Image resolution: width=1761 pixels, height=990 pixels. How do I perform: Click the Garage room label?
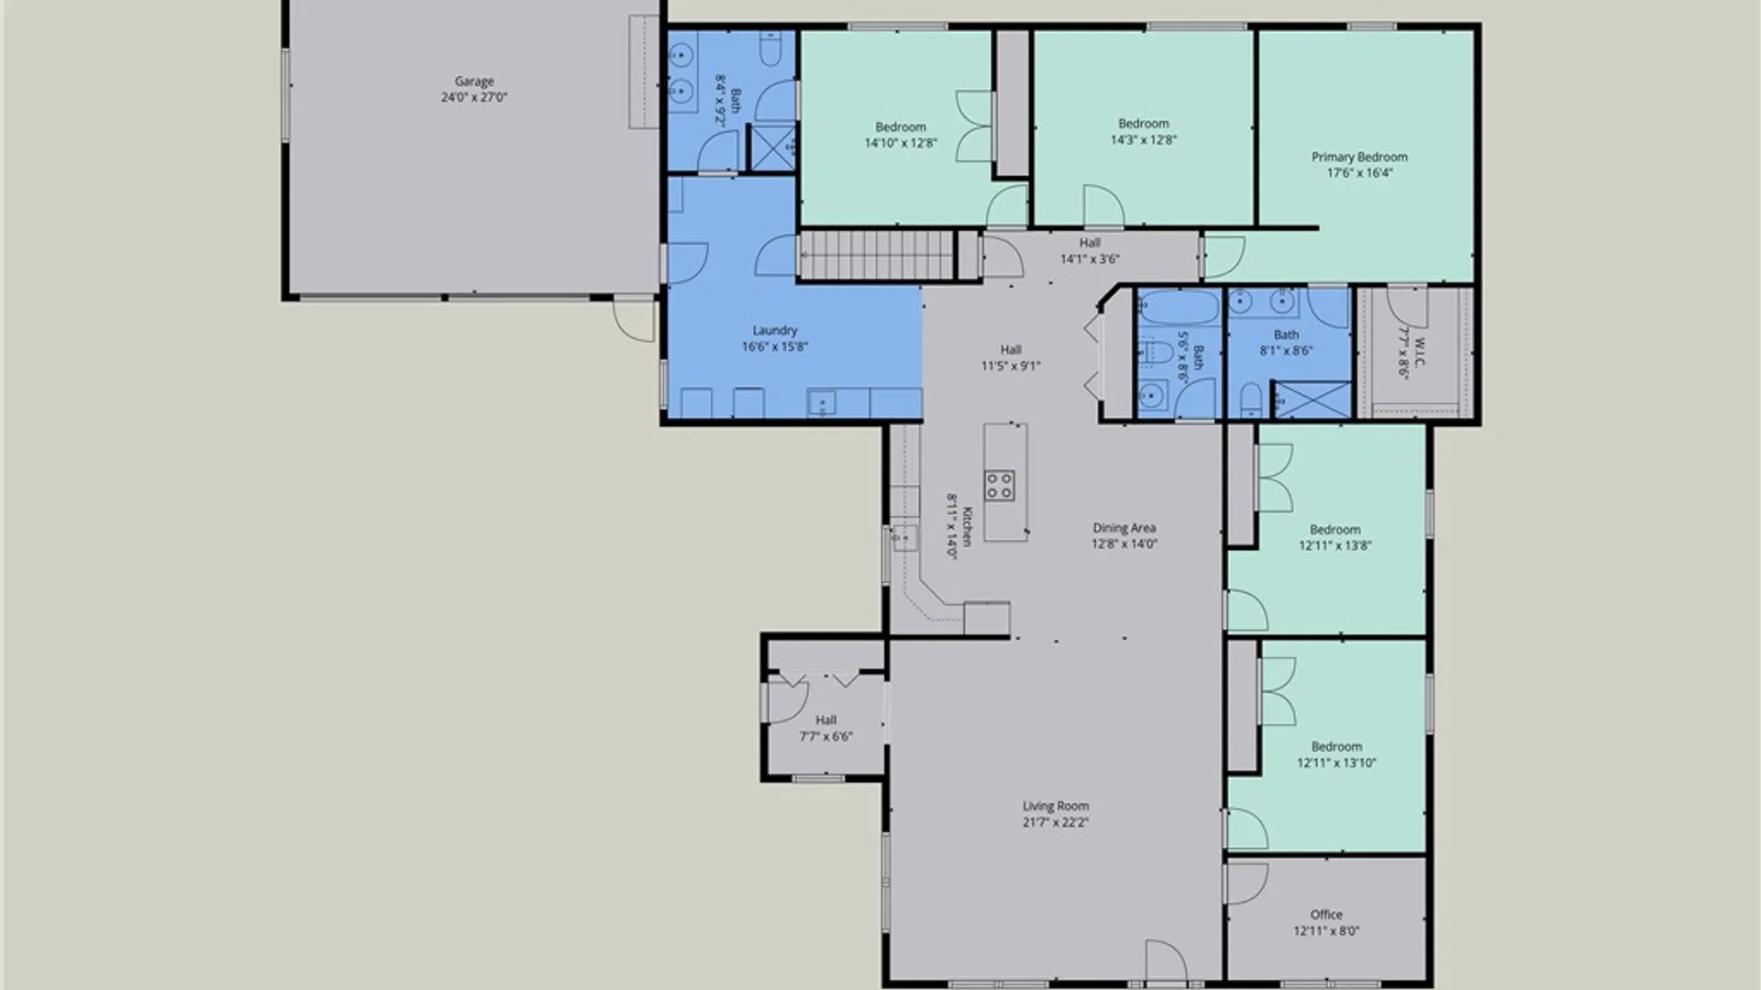(x=474, y=82)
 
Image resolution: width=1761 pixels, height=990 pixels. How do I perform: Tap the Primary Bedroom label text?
(x=1359, y=157)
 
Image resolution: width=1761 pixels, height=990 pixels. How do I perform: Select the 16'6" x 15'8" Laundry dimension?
(x=775, y=346)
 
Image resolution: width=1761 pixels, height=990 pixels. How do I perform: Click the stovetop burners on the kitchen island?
(x=1000, y=485)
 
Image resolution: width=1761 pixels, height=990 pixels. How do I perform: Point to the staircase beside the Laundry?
(x=878, y=255)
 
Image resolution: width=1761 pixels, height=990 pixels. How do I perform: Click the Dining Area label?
(x=1124, y=528)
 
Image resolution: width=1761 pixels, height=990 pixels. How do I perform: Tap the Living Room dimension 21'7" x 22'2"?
(x=1056, y=822)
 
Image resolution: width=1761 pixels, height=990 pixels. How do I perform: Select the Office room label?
(x=1326, y=915)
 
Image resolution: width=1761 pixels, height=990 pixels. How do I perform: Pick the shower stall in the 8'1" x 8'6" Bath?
(x=1312, y=401)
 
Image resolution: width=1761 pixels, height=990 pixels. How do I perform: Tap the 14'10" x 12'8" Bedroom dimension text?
(x=901, y=143)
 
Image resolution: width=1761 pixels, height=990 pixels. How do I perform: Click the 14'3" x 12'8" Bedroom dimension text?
(x=1144, y=140)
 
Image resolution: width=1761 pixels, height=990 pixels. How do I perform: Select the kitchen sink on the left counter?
(x=904, y=537)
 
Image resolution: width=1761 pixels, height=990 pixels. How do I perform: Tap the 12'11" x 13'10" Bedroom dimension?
(x=1336, y=763)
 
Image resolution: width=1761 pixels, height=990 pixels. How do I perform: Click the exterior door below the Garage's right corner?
(x=634, y=318)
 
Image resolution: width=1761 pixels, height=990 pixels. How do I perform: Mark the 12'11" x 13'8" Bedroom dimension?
(x=1335, y=545)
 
